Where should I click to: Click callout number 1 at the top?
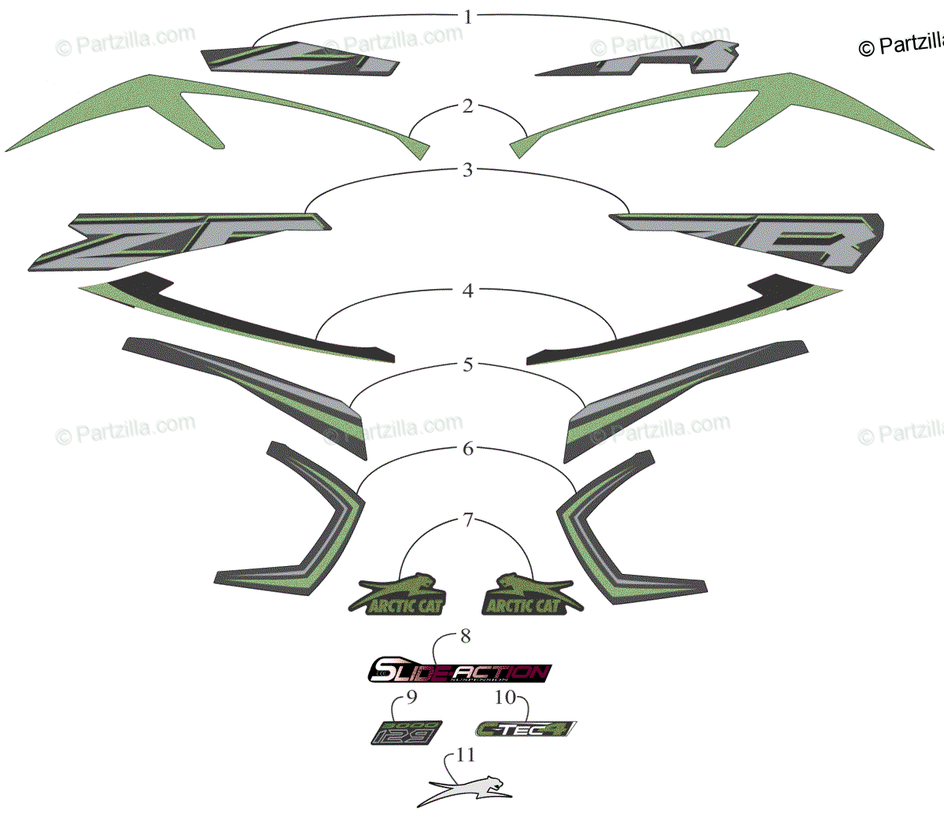tap(468, 17)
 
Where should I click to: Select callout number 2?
tap(468, 105)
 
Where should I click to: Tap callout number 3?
tap(468, 170)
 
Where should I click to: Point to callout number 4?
tap(468, 291)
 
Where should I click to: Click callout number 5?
tap(468, 365)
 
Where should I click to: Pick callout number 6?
tap(468, 449)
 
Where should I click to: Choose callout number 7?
tap(468, 520)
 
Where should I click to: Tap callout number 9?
tap(411, 697)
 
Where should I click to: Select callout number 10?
tap(505, 697)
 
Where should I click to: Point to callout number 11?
tap(466, 755)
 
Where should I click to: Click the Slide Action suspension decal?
tap(459, 672)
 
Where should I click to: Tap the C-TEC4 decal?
tap(525, 729)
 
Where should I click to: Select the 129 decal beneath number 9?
tap(405, 733)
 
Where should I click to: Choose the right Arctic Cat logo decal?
tap(529, 595)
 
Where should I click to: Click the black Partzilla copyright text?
tap(901, 46)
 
